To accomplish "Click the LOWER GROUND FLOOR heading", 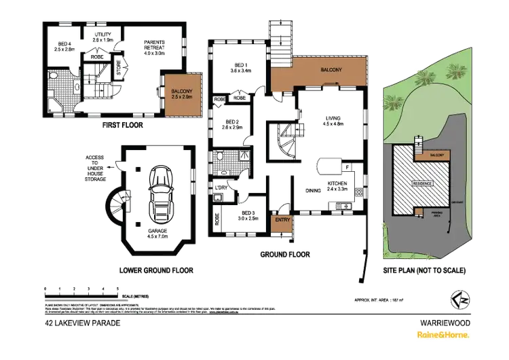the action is tap(157, 270).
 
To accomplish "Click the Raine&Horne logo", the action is tap(445, 336).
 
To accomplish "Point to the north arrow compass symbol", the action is tap(458, 297).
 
